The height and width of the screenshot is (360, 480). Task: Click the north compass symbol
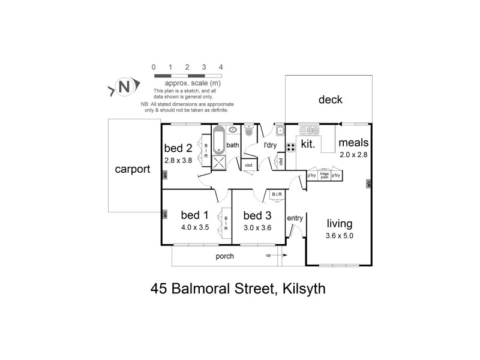(x=125, y=88)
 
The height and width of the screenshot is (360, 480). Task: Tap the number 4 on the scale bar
(x=221, y=67)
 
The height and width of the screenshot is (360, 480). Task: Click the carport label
(x=132, y=169)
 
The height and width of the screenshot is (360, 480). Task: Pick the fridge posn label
(x=324, y=176)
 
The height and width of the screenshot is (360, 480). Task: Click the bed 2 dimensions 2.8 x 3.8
(x=178, y=161)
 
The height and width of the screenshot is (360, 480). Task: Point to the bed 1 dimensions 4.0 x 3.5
(x=195, y=227)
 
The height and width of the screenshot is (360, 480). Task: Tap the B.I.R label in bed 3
(x=277, y=194)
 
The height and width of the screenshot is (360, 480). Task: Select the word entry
(x=295, y=218)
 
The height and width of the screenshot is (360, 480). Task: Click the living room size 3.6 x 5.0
(x=340, y=236)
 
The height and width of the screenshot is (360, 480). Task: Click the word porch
(x=225, y=256)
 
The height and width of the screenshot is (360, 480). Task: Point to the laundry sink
(x=280, y=130)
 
